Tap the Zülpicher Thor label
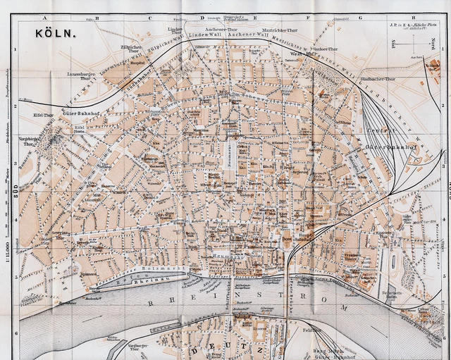point(132,51)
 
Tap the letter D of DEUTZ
point(192,349)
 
